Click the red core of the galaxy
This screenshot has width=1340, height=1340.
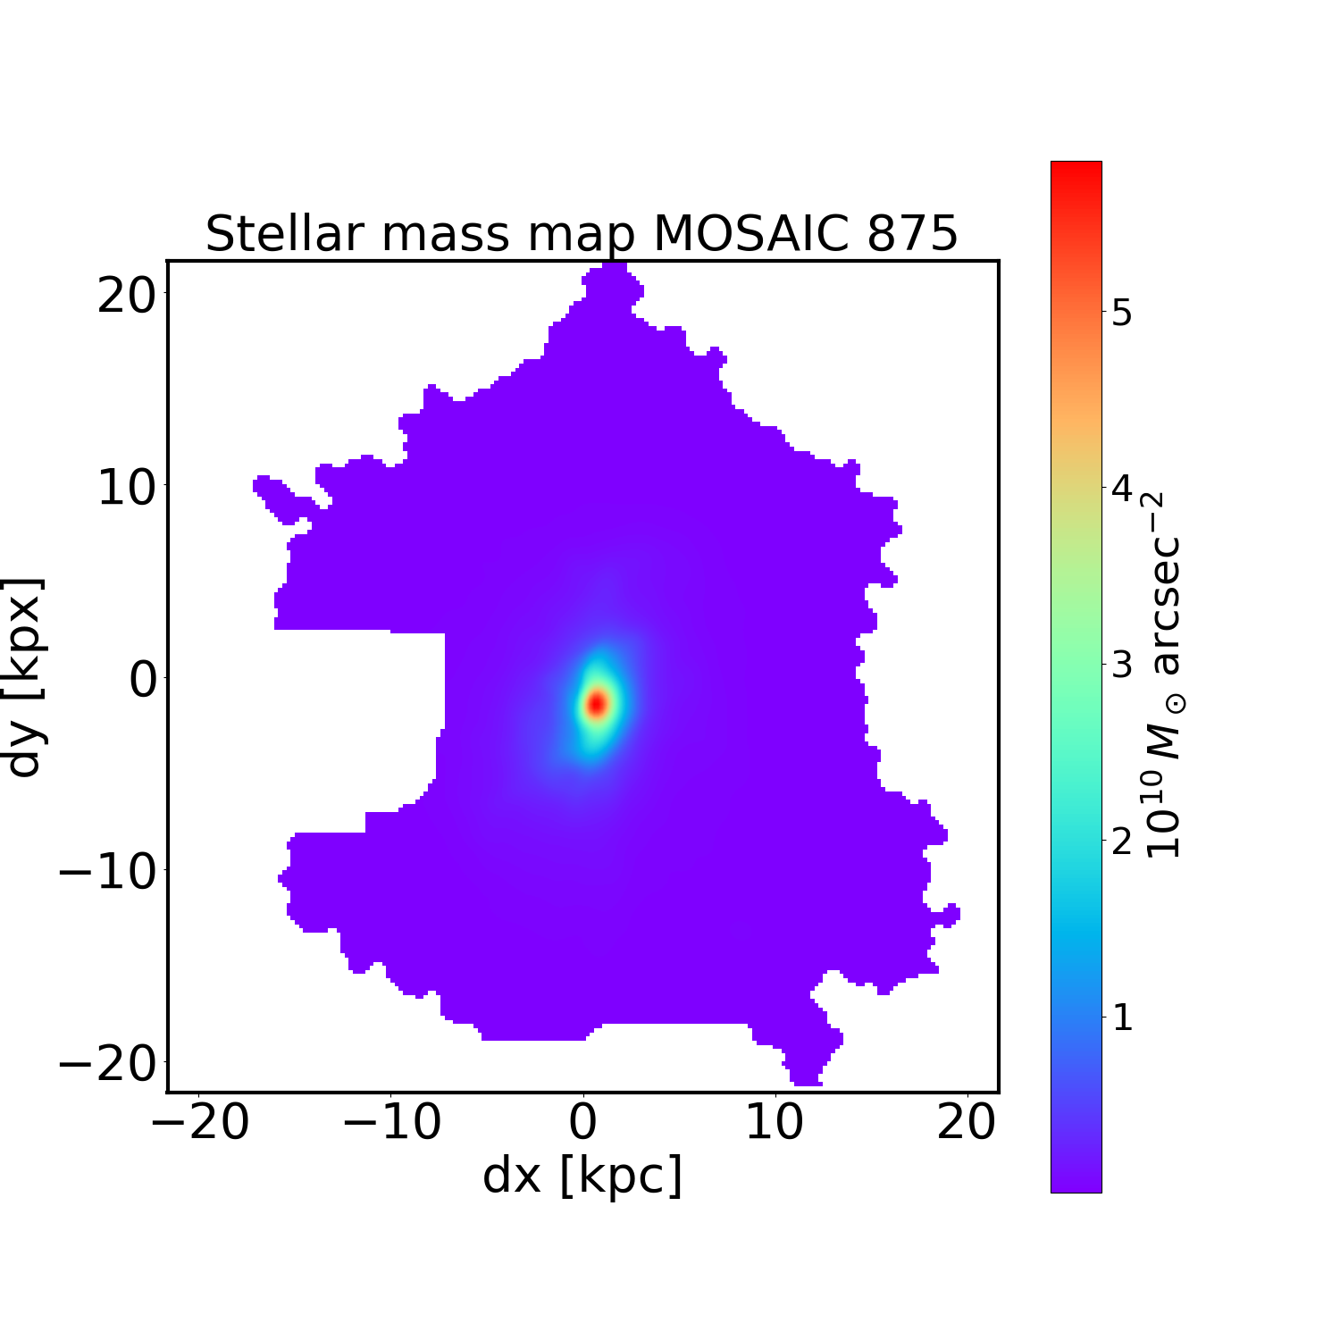click(x=597, y=703)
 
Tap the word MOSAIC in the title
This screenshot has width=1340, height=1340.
click(x=747, y=234)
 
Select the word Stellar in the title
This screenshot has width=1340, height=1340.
click(x=286, y=234)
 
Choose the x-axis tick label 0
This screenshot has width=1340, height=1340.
click(x=582, y=1123)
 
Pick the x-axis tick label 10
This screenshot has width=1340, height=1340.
click(x=775, y=1123)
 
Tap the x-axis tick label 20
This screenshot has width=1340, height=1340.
click(x=966, y=1123)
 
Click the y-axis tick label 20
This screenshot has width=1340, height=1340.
click(x=126, y=295)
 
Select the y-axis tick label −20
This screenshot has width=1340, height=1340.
click(x=106, y=1064)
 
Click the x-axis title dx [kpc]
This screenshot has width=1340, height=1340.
click(x=582, y=1176)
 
